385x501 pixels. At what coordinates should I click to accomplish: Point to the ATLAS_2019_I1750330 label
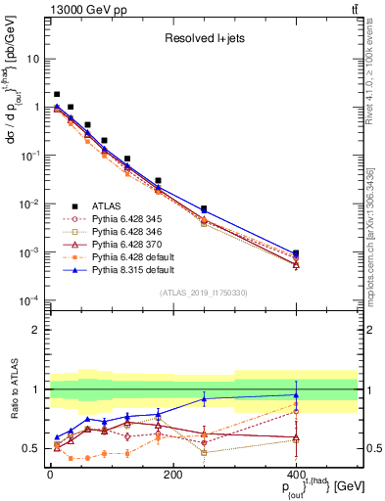[203, 293]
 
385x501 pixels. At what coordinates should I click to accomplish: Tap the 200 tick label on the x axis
[172, 475]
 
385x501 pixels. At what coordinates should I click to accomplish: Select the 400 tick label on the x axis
[296, 475]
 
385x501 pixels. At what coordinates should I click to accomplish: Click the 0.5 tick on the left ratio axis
[36, 448]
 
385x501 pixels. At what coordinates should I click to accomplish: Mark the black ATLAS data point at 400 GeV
[296, 253]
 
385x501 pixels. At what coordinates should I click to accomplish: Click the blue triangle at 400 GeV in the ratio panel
[296, 395]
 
